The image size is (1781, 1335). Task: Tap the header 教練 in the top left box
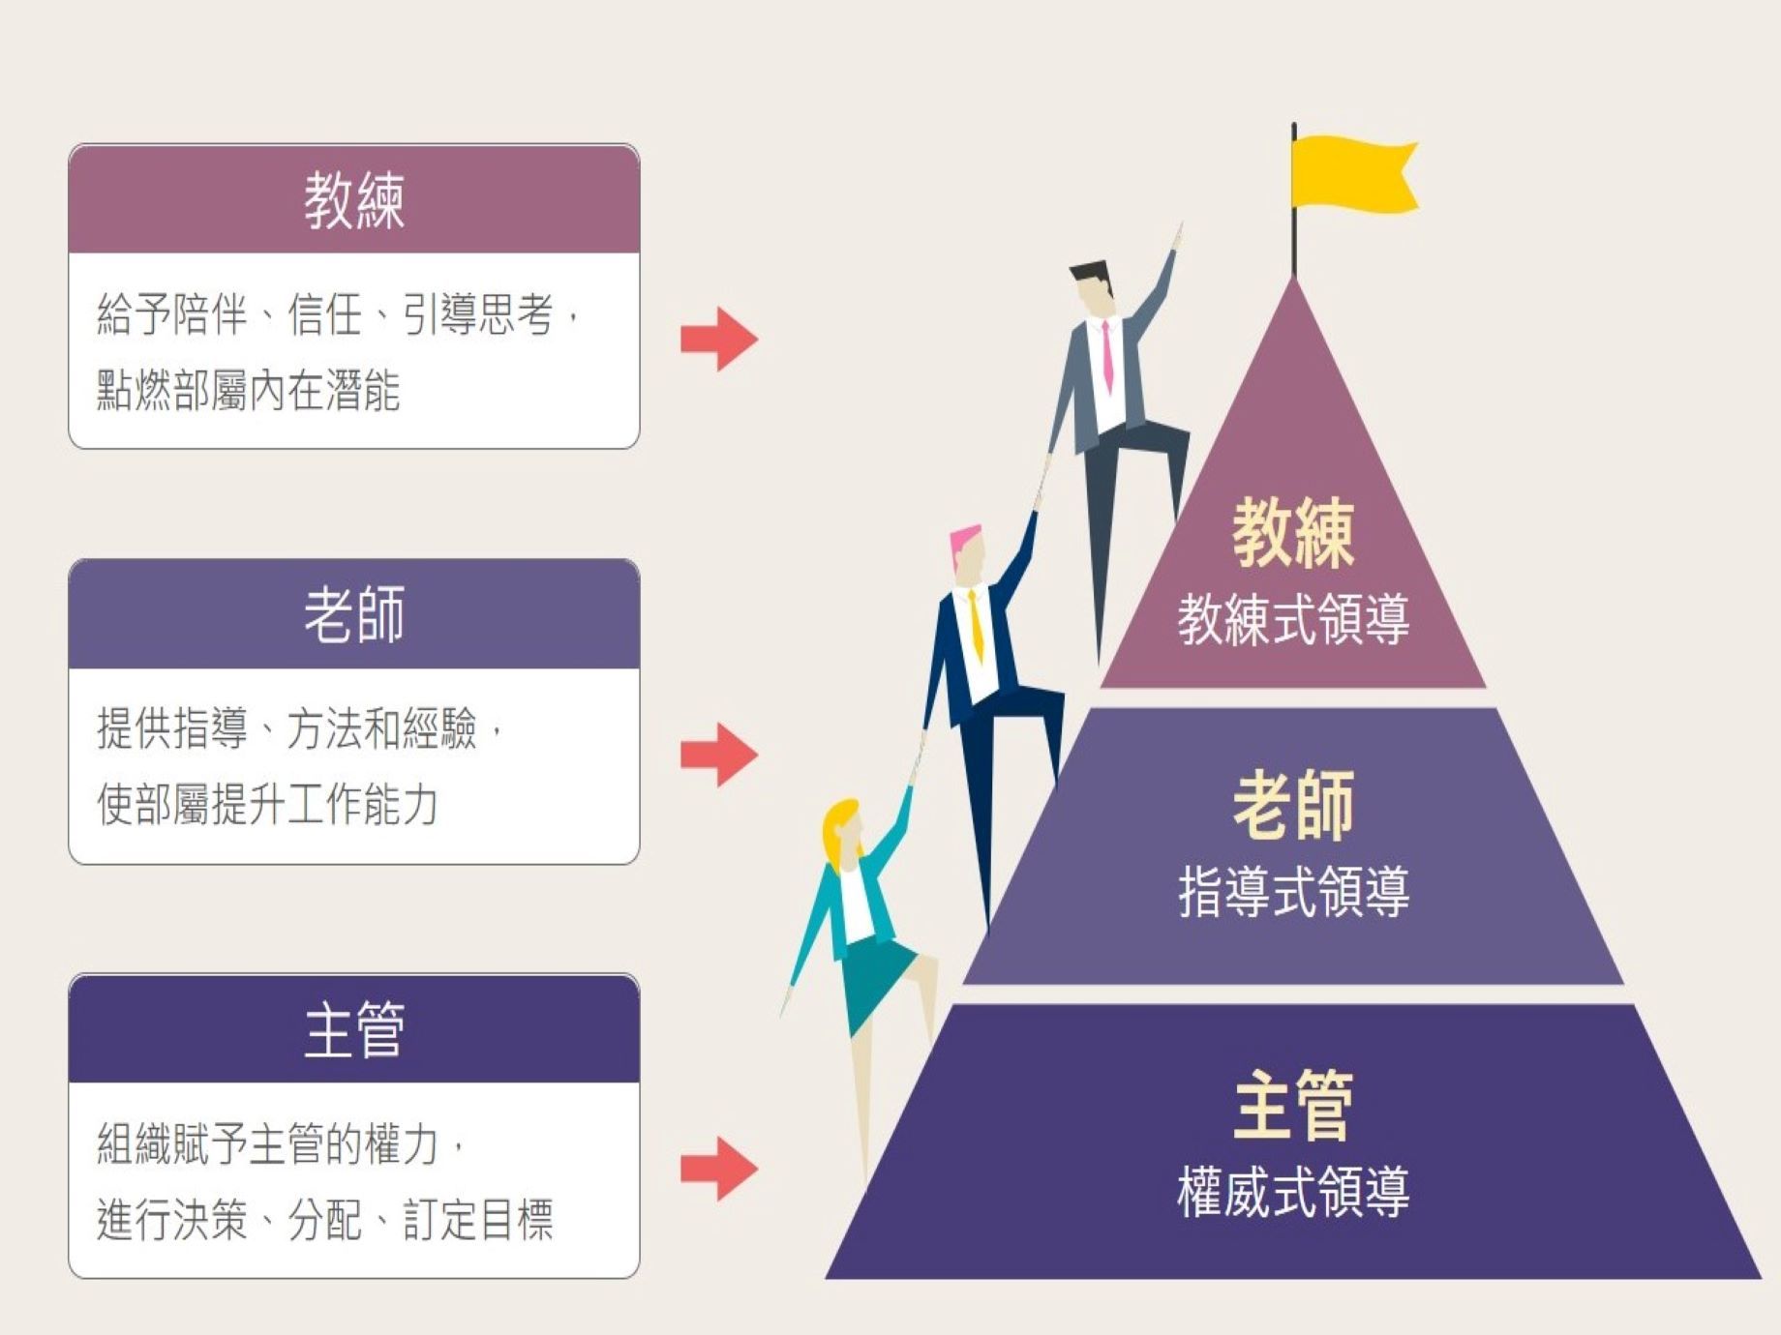click(x=354, y=201)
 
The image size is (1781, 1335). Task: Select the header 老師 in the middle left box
click(x=354, y=615)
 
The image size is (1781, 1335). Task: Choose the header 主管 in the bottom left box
click(x=354, y=1029)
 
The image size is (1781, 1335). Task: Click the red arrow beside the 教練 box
click(x=718, y=339)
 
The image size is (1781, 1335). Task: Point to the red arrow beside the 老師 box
click(x=718, y=754)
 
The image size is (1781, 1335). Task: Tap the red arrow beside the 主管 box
click(x=718, y=1169)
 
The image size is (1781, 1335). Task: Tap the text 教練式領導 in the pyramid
click(x=1293, y=619)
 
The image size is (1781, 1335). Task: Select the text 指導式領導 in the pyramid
click(x=1293, y=891)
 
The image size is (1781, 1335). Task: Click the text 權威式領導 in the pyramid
click(x=1293, y=1191)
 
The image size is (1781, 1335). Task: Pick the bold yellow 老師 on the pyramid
click(x=1293, y=805)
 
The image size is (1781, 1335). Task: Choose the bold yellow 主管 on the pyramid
click(x=1293, y=1104)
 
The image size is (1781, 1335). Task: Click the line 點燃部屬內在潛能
click(x=249, y=391)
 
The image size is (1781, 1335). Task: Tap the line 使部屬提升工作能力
click(x=268, y=804)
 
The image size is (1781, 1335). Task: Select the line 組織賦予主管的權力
click(x=281, y=1144)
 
